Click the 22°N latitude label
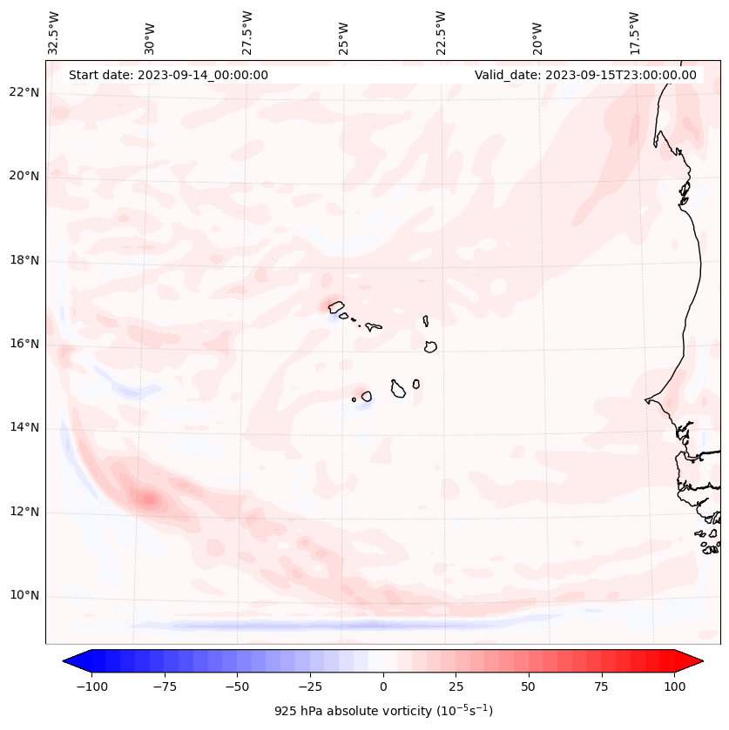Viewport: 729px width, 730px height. (24, 92)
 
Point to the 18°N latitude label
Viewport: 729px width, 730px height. (24, 260)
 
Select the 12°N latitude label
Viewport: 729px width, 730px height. (24, 512)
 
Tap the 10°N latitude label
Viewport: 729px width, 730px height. (24, 596)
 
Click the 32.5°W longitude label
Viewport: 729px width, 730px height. (54, 33)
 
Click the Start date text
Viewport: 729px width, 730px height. (168, 75)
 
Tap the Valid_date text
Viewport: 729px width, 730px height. (585, 75)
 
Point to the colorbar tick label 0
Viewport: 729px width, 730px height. (383, 686)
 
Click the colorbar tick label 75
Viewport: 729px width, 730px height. (602, 686)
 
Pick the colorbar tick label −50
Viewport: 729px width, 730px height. (237, 686)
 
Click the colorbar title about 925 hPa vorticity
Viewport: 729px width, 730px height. (383, 711)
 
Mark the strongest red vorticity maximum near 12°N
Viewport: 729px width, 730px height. (148, 499)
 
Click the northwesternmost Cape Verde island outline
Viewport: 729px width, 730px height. (336, 306)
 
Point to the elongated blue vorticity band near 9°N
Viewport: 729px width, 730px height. (348, 625)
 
